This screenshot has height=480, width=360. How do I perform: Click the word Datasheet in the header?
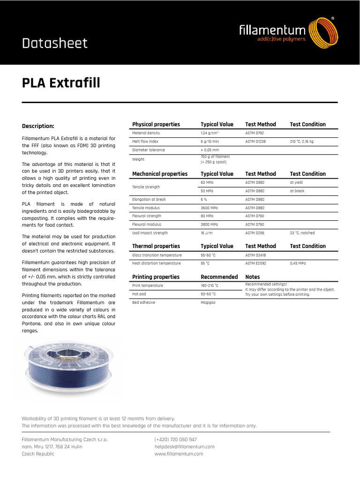(x=55, y=44)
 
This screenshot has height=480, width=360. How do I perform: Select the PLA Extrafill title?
(x=61, y=83)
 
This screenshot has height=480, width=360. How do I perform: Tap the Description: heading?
(x=38, y=126)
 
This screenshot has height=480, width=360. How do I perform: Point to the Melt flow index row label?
(x=145, y=141)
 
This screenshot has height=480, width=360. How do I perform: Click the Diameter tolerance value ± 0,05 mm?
(x=210, y=150)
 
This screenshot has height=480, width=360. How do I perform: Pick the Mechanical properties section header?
(x=160, y=174)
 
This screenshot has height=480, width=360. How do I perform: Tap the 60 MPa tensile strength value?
(x=207, y=182)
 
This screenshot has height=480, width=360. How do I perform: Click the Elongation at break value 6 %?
(x=204, y=199)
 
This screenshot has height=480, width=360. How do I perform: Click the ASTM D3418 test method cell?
(x=255, y=255)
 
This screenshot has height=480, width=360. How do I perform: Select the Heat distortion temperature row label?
(x=156, y=263)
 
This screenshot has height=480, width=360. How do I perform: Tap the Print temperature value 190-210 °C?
(x=210, y=285)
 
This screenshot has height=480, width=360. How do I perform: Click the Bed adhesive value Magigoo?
(x=208, y=302)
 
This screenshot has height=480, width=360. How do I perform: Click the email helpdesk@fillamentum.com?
(x=184, y=447)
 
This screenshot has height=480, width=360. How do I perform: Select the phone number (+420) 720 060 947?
(x=175, y=440)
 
